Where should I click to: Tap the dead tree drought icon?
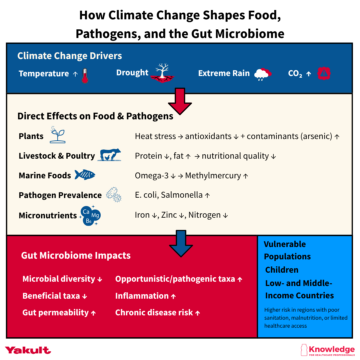tap(163, 73)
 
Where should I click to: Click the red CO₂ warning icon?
tap(324, 74)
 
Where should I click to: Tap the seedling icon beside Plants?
tap(57, 135)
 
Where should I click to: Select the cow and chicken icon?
tap(109, 155)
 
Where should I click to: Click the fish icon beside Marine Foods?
tap(85, 175)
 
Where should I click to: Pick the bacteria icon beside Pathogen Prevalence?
tap(114, 195)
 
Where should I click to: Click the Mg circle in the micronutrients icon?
tap(95, 216)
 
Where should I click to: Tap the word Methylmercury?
tap(213, 176)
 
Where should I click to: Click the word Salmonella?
tap(182, 195)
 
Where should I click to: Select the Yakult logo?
tap(28, 350)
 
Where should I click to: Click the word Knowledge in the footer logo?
tap(331, 349)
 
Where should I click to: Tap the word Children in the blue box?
tap(282, 270)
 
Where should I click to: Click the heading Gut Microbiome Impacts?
tap(76, 256)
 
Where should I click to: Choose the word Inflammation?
tap(142, 296)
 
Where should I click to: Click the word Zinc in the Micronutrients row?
tap(169, 215)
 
